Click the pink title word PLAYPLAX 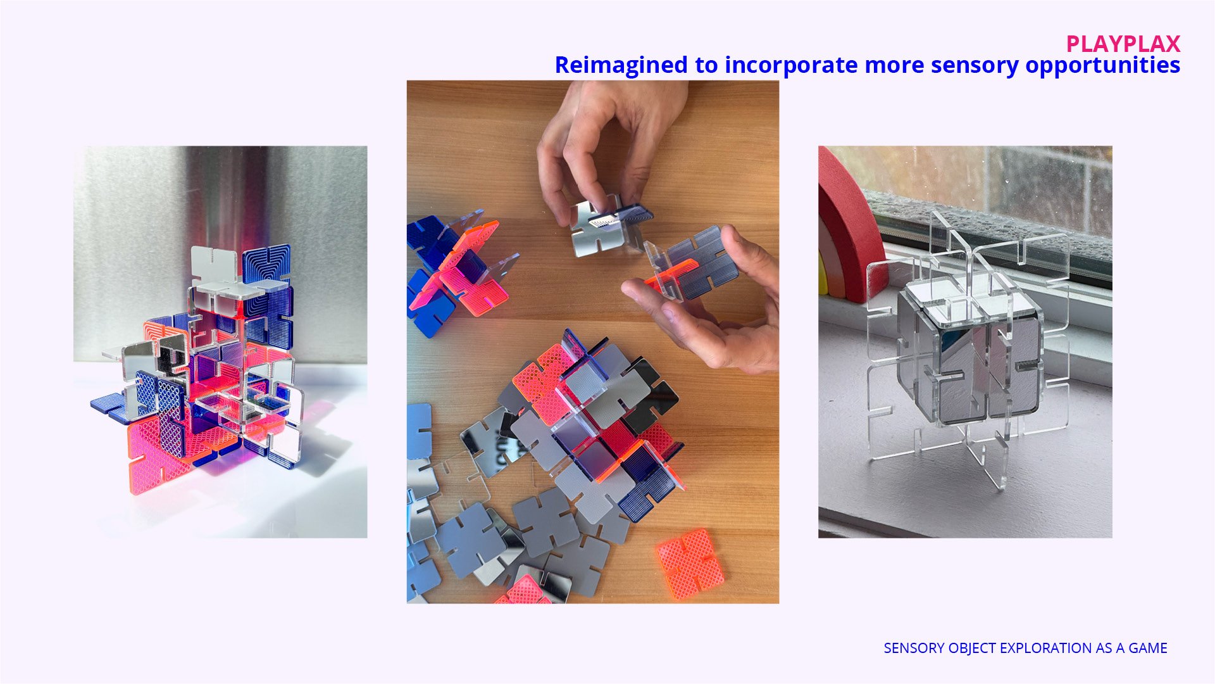(1123, 44)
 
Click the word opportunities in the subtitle (1103, 66)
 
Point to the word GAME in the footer (1148, 648)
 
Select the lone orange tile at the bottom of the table (690, 564)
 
